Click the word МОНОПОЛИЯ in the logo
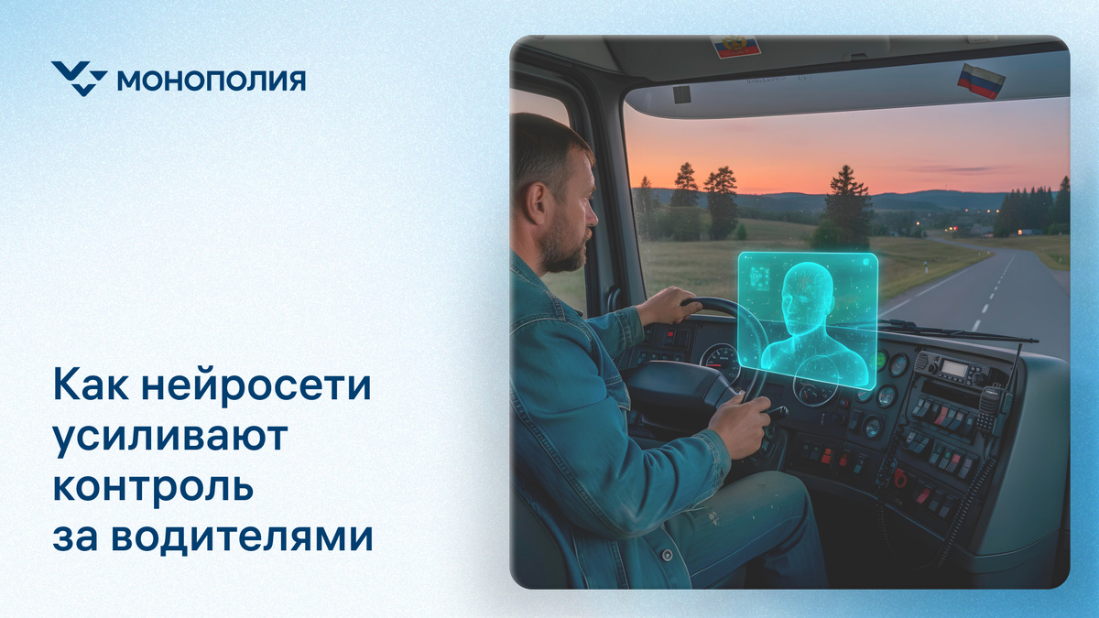click(x=212, y=81)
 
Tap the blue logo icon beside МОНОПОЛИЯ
click(x=79, y=79)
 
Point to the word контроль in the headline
click(x=152, y=486)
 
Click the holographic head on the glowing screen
click(x=808, y=298)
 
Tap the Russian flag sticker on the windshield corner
click(x=981, y=81)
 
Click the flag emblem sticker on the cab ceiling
click(x=735, y=46)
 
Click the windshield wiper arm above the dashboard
click(x=952, y=331)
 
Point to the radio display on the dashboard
click(x=955, y=369)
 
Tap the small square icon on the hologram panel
click(x=759, y=276)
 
